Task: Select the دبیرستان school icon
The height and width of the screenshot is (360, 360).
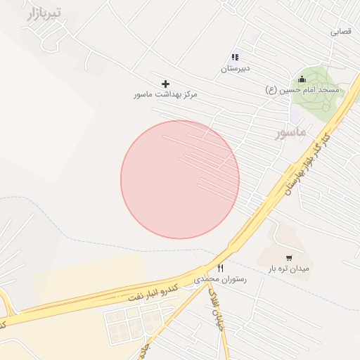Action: (235, 57)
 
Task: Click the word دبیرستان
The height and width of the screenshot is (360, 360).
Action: (236, 69)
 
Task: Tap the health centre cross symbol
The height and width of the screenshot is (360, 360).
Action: (166, 84)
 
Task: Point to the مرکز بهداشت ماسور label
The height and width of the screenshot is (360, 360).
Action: (166, 94)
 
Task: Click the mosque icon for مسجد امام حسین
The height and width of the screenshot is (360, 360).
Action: (302, 79)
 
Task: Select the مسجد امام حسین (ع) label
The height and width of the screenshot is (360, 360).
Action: (302, 89)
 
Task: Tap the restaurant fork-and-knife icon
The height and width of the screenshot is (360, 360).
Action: (221, 268)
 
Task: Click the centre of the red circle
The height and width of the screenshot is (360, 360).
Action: (180, 179)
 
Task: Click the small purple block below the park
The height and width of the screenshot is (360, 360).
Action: (296, 112)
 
